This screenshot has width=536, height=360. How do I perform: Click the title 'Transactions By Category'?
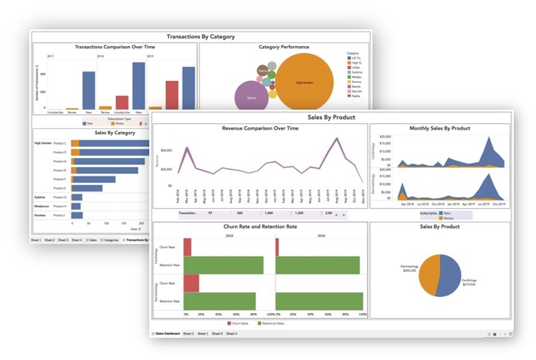coord(200,37)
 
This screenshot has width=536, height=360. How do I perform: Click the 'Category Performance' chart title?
coord(283,47)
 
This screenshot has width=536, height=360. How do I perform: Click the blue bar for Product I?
coord(76,215)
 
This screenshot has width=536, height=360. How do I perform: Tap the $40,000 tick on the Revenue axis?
coord(166,149)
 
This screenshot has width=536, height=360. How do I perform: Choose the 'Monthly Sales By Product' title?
coord(439,128)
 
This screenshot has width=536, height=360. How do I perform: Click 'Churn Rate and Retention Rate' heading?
coord(260,226)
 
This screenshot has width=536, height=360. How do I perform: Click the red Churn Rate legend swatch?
coord(229,323)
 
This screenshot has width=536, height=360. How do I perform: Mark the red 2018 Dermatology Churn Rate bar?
coord(191,284)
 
